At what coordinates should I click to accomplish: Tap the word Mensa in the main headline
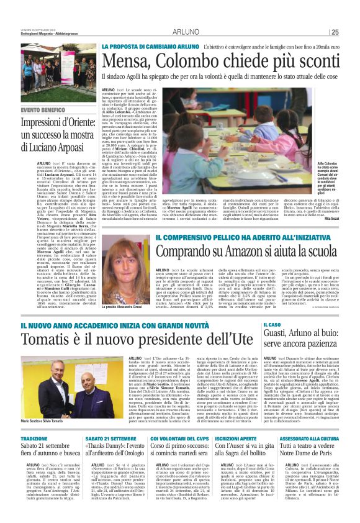tap(128, 61)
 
